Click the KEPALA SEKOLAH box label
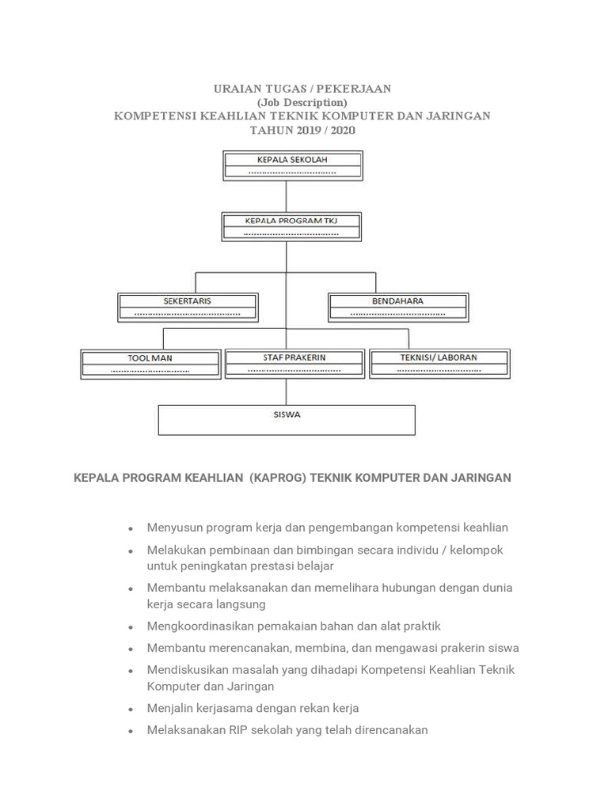pos(292,160)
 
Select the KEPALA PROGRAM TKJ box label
pos(291,221)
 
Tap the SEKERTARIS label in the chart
pos(188,301)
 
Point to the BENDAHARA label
pos(397,301)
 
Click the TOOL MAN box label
pos(150,358)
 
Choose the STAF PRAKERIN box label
pos(294,358)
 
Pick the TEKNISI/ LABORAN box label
pos(439,358)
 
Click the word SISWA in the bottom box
pos(287,414)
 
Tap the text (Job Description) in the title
pos(302,102)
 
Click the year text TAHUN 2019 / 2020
pos(302,130)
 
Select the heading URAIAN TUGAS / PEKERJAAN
pos(302,89)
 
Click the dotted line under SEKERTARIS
pos(188,313)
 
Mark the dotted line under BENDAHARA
pos(397,313)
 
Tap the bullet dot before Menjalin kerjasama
pos(131,709)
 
